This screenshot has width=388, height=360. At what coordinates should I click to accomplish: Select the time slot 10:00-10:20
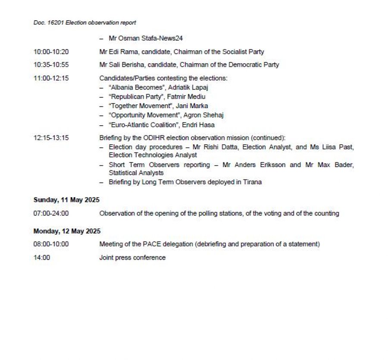51,52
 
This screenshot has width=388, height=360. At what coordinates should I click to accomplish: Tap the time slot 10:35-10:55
51,65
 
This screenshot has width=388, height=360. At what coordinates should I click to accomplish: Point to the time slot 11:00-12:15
51,78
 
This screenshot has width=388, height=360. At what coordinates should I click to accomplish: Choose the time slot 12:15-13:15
51,138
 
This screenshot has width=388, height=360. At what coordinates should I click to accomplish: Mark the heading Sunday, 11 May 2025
67,200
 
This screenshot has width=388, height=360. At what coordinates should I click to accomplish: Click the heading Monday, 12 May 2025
67,231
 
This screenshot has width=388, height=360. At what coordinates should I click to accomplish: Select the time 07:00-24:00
51,213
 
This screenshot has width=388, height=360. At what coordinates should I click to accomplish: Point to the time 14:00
41,258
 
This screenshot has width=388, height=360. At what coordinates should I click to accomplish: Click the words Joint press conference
132,258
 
